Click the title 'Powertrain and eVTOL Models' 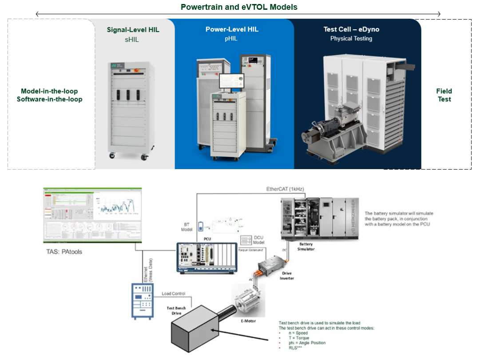pyautogui.click(x=239, y=7)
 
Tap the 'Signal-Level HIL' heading pyautogui.click(x=133, y=30)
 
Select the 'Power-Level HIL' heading pyautogui.click(x=232, y=30)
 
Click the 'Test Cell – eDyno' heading pyautogui.click(x=351, y=30)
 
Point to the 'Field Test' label pyautogui.click(x=444, y=95)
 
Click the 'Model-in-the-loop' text pyautogui.click(x=49, y=91)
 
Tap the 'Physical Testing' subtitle pyautogui.click(x=351, y=39)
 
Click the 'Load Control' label pyautogui.click(x=173, y=293)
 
